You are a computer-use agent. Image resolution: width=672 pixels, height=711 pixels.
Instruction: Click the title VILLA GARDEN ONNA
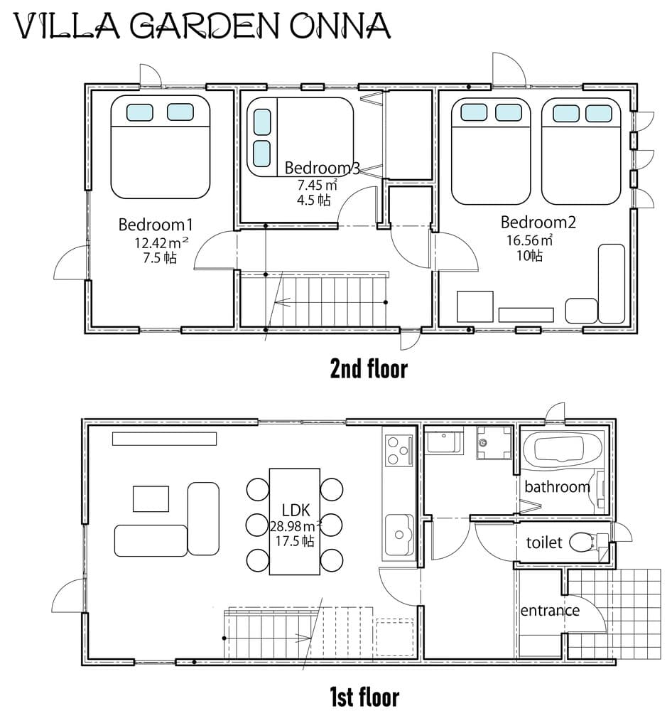[202, 26]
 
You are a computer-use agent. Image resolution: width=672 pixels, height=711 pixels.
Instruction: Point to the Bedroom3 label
[323, 169]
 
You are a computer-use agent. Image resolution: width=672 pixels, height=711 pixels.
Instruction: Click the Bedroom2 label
[538, 222]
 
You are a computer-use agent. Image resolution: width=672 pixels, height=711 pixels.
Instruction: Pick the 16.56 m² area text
[529, 240]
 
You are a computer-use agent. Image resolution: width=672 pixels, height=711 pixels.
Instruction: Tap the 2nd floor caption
[369, 369]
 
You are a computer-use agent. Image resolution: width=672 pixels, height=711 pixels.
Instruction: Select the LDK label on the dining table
[296, 510]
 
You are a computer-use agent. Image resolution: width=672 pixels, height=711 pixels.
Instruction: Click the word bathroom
[557, 487]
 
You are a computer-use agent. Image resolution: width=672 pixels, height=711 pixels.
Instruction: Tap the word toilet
[544, 543]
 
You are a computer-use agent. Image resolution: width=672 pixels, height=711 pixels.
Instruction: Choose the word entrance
[550, 610]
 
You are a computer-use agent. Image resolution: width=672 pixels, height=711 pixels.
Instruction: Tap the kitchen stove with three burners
[398, 450]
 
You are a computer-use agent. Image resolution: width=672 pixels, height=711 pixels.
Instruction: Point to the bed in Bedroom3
[300, 137]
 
